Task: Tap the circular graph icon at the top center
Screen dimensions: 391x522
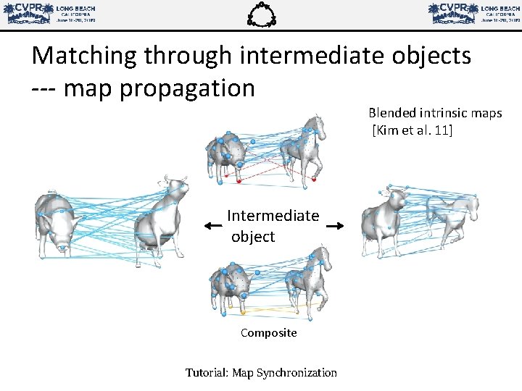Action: click(x=262, y=14)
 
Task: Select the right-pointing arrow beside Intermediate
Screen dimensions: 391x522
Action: click(x=334, y=227)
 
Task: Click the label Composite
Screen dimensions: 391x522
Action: click(x=268, y=333)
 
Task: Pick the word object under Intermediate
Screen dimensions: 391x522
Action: click(x=253, y=237)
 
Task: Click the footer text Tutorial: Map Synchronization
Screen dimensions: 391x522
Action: click(x=261, y=372)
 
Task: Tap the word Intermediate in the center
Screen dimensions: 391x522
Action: click(x=273, y=216)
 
